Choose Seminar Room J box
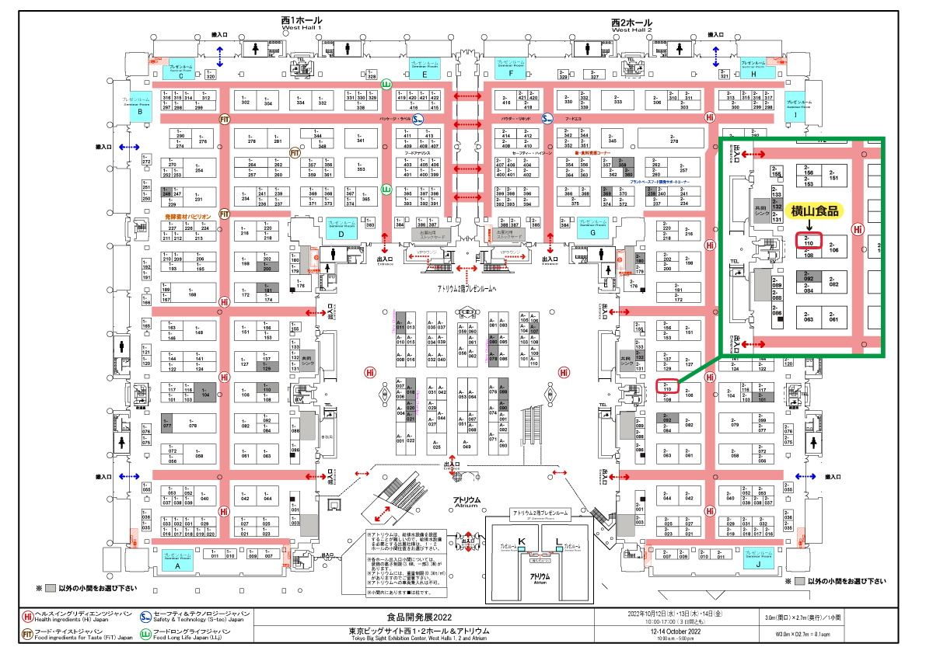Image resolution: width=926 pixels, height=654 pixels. point(757,560)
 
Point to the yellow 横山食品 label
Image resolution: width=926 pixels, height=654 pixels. point(815,210)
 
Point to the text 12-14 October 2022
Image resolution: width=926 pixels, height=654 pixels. point(670,631)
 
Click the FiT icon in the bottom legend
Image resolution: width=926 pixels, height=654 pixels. point(28,635)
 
